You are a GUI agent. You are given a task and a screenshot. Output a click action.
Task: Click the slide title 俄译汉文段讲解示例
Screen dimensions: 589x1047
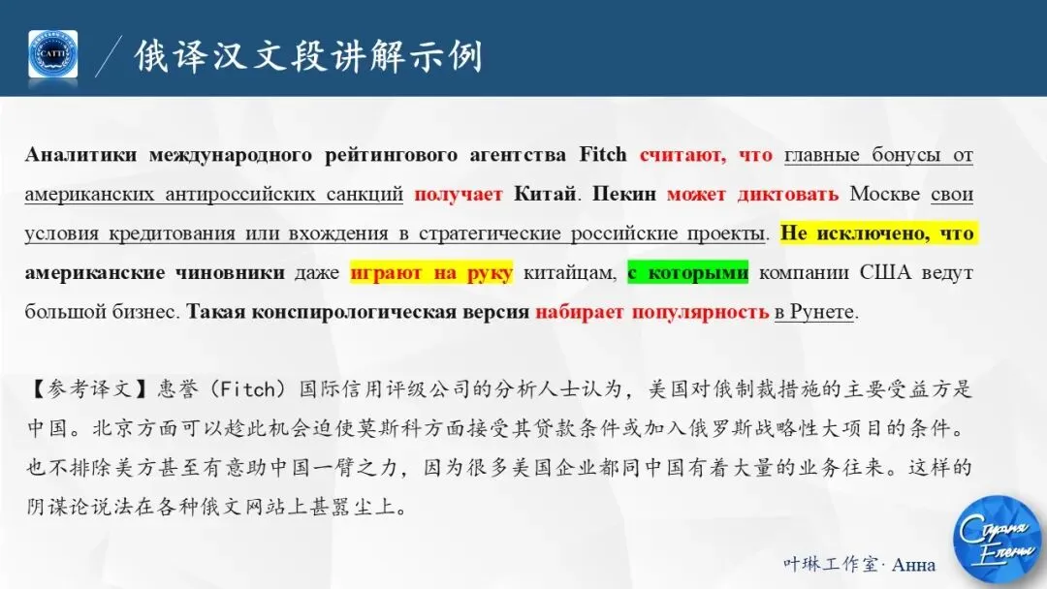pyautogui.click(x=307, y=55)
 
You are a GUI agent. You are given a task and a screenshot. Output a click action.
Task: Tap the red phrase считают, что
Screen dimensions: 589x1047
pyautogui.click(x=706, y=156)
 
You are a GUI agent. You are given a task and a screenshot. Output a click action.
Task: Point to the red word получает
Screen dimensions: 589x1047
pyautogui.click(x=458, y=195)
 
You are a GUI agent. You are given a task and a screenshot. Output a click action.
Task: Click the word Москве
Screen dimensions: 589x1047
pyautogui.click(x=884, y=195)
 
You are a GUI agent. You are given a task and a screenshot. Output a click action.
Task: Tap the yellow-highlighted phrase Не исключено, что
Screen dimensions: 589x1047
pyautogui.click(x=877, y=234)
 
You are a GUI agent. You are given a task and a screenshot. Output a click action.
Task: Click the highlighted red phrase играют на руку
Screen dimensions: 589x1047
pyautogui.click(x=431, y=273)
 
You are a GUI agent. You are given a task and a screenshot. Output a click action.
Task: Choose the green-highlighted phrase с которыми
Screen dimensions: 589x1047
pyautogui.click(x=688, y=273)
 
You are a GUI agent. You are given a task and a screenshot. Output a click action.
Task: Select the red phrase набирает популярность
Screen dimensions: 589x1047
pyautogui.click(x=651, y=313)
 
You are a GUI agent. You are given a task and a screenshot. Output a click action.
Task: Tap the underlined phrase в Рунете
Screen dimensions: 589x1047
pyautogui.click(x=813, y=313)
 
